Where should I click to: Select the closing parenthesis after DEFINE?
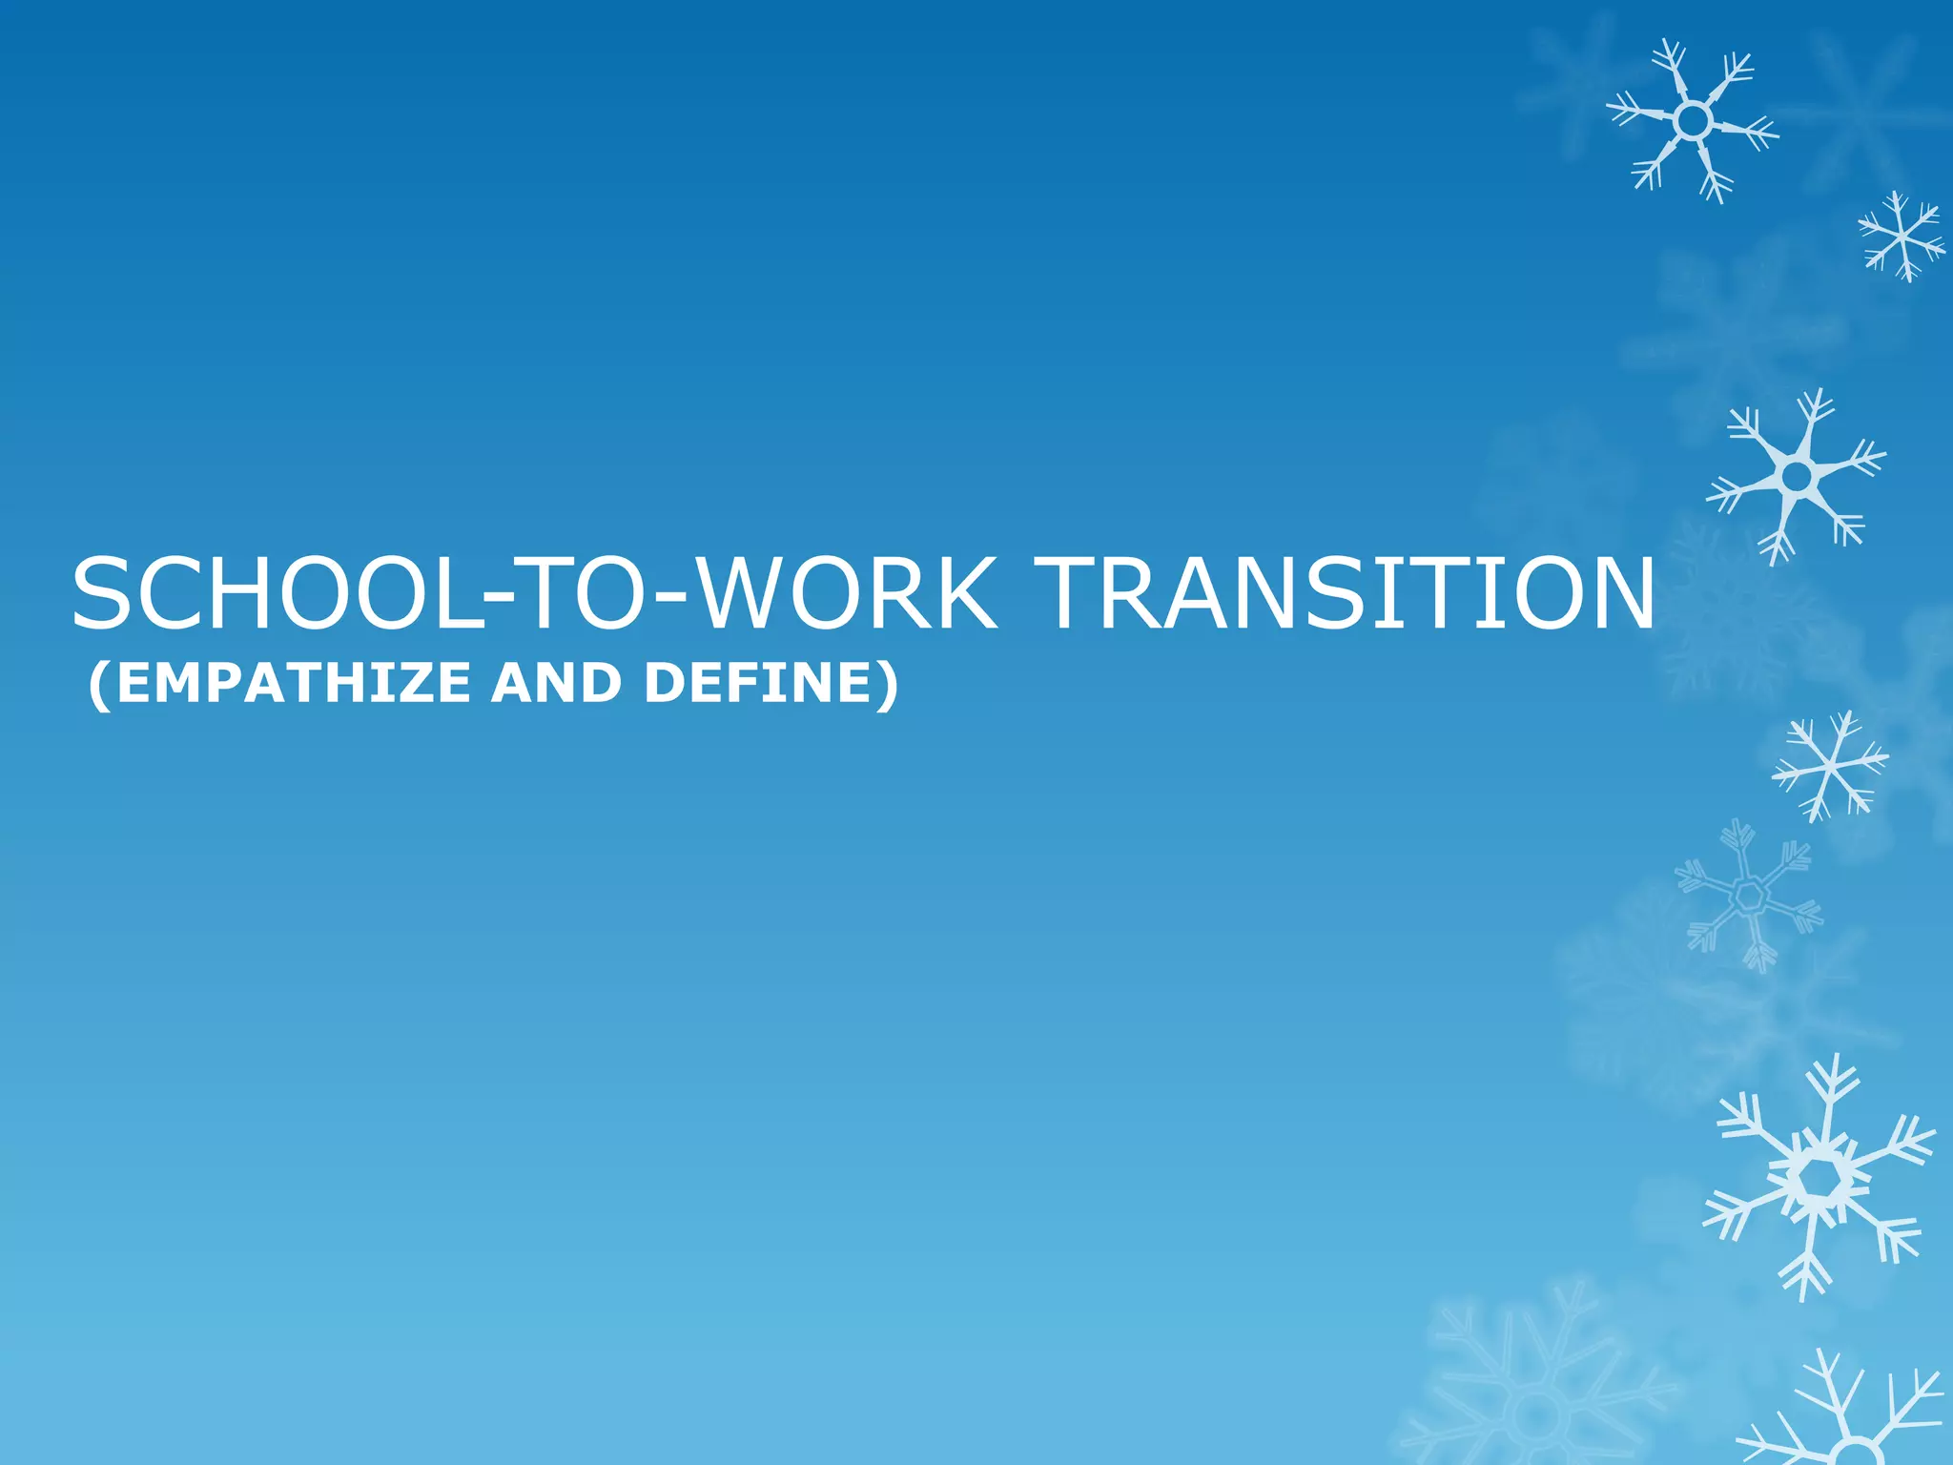point(888,685)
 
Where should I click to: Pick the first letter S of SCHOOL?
point(105,594)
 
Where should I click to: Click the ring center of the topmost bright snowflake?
point(1692,121)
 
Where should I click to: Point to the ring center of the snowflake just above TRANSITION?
point(1797,475)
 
